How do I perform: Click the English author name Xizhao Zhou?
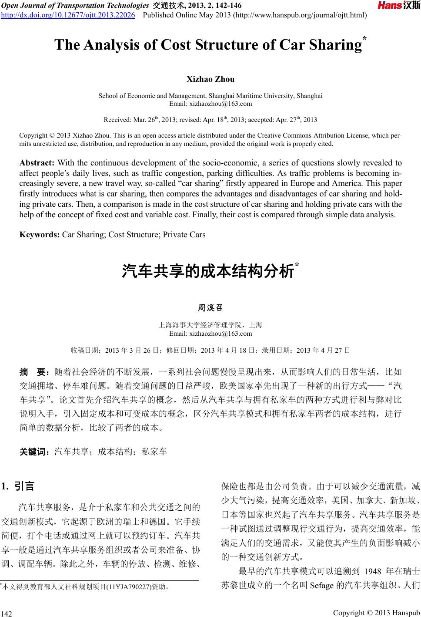point(210,79)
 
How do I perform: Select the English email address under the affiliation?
point(210,104)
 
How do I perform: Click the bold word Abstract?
point(37,163)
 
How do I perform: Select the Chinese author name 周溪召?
point(210,308)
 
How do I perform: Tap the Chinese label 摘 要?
point(35,372)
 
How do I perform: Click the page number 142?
point(7,614)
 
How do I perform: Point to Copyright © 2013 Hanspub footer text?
point(376,613)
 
